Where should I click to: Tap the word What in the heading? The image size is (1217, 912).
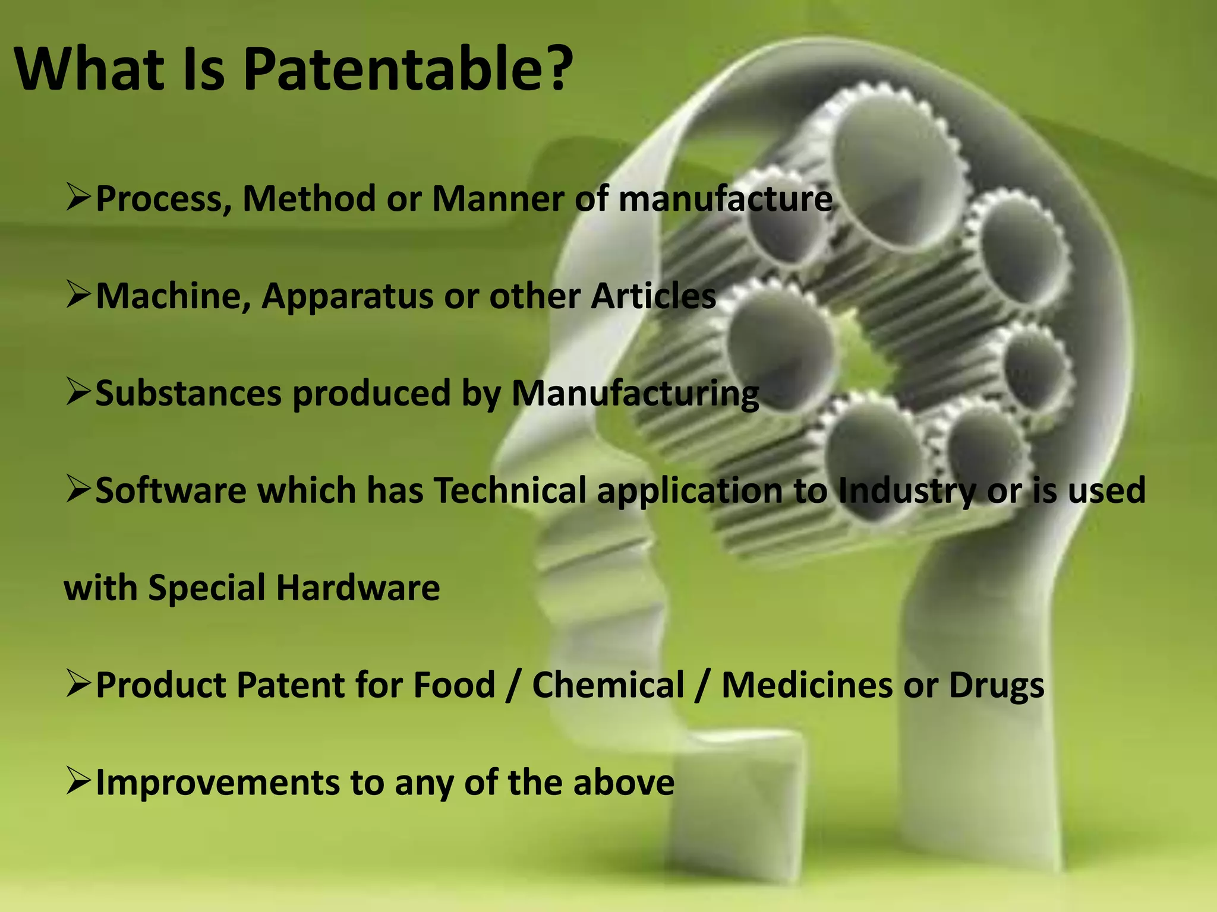89,69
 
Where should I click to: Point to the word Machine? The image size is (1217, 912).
172,296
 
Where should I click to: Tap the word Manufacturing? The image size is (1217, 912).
635,394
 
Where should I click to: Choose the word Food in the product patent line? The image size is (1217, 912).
454,685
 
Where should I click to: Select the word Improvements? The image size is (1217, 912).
217,783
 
